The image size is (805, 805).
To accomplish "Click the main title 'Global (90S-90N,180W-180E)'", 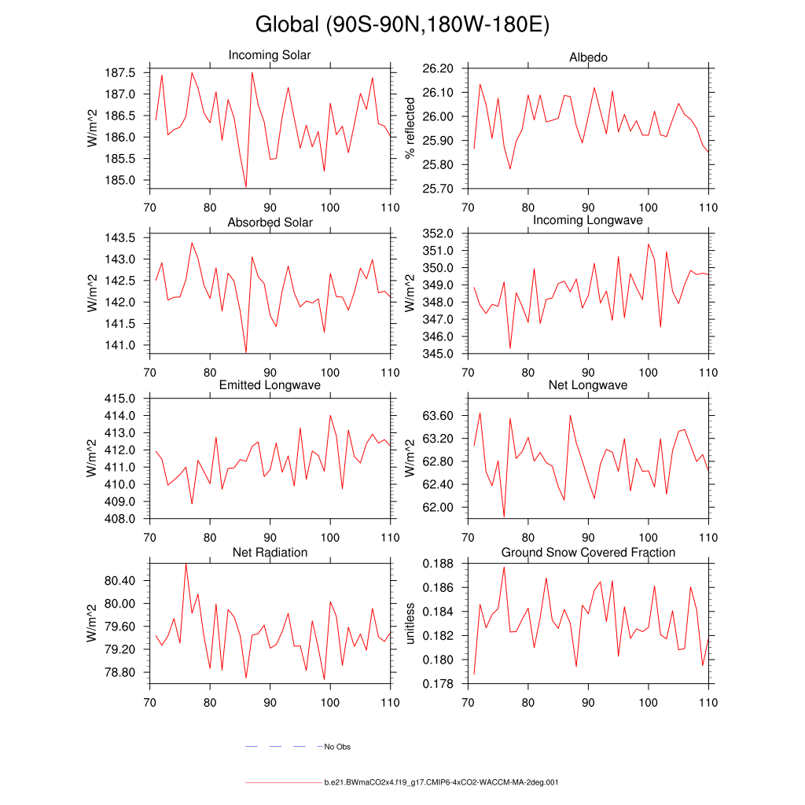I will [x=402, y=25].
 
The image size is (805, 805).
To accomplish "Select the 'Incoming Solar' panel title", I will [x=270, y=56].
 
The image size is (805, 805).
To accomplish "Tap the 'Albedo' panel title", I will [x=588, y=58].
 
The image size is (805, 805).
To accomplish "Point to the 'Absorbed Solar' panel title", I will [x=270, y=222].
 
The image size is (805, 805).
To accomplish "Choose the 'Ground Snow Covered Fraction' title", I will [x=588, y=553].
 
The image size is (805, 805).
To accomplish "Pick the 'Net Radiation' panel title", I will [x=270, y=553].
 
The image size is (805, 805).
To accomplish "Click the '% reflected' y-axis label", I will [x=410, y=128].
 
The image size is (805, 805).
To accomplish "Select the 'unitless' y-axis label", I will [x=410, y=623].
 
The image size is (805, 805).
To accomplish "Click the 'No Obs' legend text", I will [x=337, y=747].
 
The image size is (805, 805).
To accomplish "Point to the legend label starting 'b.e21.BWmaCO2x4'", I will [x=441, y=783].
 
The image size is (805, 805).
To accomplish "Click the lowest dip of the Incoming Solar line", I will [x=246, y=187].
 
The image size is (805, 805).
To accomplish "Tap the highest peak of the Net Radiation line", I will [x=186, y=564].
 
